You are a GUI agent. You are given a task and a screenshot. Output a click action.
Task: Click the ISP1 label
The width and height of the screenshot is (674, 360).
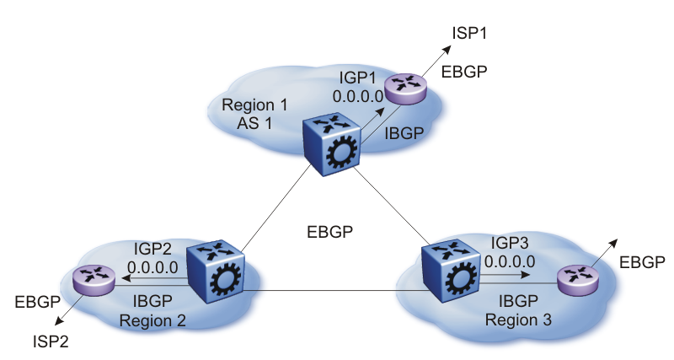click(471, 35)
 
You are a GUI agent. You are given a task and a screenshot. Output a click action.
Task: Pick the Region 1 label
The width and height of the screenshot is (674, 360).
click(254, 106)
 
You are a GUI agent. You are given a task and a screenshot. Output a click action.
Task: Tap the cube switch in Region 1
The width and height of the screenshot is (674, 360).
click(331, 144)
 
